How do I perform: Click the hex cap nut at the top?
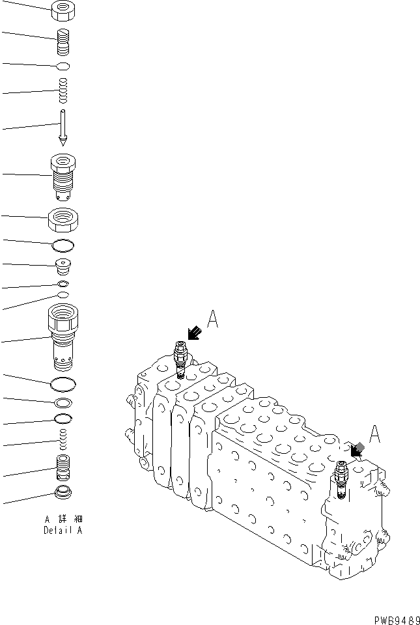[63, 11]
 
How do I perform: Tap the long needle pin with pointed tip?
[63, 128]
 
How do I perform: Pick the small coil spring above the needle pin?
[63, 90]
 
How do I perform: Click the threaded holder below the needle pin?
[63, 177]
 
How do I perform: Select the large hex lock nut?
[63, 219]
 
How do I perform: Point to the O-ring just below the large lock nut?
[63, 246]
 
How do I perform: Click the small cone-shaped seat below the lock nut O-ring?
[63, 267]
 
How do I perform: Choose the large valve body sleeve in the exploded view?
[63, 337]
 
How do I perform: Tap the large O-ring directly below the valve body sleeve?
[63, 385]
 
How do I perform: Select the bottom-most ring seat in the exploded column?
[63, 493]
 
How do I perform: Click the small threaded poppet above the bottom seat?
[63, 467]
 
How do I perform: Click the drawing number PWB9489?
[397, 620]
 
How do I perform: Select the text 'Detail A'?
[63, 530]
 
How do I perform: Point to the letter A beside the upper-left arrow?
[213, 319]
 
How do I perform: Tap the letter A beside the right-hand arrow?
[374, 434]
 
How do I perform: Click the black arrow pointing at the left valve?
[195, 333]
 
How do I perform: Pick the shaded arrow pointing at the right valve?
[357, 450]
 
